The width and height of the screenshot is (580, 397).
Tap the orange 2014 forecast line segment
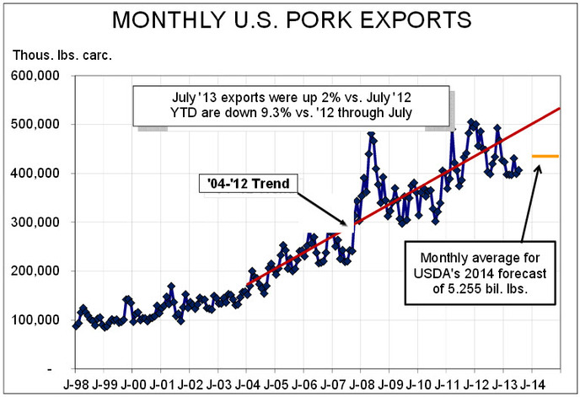pos(545,156)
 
